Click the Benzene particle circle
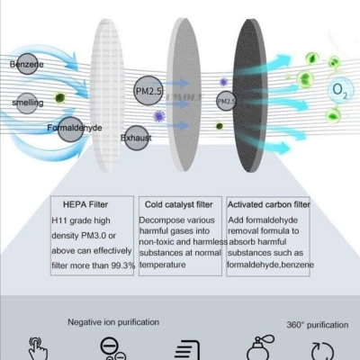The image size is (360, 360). coord(27,64)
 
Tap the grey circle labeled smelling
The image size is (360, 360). coord(27,103)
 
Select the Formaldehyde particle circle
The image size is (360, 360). coord(70,130)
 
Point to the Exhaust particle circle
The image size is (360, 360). coord(137,138)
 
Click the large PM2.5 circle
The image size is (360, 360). coord(148,91)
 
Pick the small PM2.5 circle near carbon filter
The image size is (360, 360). coord(226,101)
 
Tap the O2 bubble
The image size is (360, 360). coord(340,89)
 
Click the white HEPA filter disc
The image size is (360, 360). coord(107,95)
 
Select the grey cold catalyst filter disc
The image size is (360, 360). coord(184,94)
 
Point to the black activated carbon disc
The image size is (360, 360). coord(249,95)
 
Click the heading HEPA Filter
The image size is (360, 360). coord(85,204)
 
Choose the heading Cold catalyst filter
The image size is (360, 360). coord(179,204)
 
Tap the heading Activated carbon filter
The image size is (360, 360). coord(269,204)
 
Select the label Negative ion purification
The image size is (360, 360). coord(113,322)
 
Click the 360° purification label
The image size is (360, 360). coord(318,325)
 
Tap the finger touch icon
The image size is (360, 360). coord(38,348)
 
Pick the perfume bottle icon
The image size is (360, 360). coord(260,347)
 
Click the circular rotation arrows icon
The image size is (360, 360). coord(322,351)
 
